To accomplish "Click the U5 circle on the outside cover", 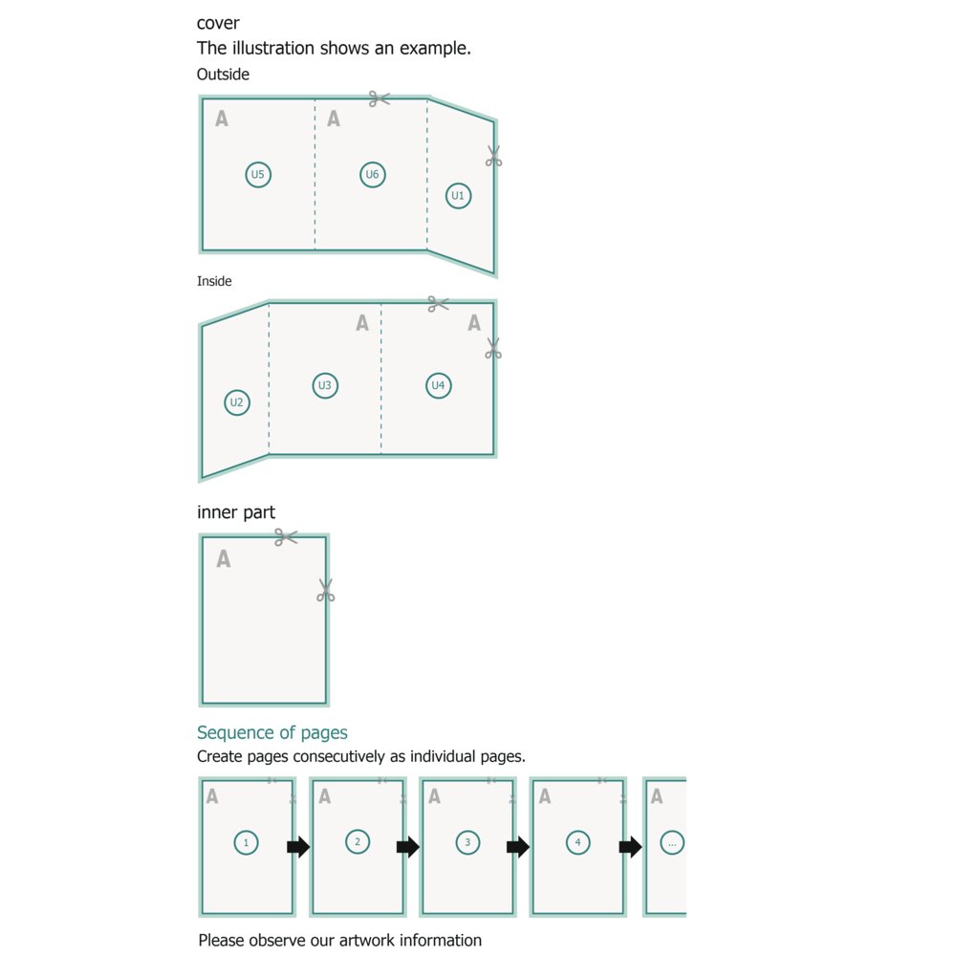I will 258,175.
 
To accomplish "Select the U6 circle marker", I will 373,175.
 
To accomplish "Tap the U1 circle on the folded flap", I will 458,196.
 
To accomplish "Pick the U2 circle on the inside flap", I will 237,402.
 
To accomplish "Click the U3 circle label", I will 325,386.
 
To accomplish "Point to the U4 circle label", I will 438,386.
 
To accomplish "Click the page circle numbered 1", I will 247,842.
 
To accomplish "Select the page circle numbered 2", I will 358,842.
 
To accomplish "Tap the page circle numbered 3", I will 467,842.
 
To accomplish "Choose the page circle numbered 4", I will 577,842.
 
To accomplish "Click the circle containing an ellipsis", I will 672,842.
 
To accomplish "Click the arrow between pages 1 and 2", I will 298,847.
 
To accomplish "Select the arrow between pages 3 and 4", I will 518,847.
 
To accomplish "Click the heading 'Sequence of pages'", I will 272,733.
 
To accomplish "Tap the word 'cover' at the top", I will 218,23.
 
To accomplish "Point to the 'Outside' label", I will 223,75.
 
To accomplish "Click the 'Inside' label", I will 214,281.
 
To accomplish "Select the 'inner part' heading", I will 236,513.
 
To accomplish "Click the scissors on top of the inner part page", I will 285,537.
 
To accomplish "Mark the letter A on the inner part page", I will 224,559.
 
